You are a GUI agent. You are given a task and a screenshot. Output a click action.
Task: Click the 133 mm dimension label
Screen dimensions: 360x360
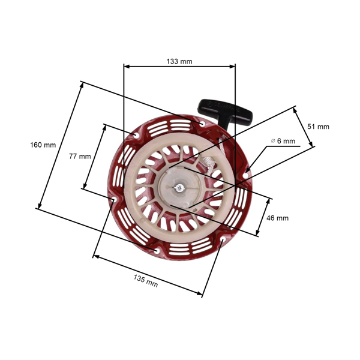click(x=179, y=61)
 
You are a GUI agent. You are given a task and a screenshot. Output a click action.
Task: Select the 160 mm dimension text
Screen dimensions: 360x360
click(x=44, y=145)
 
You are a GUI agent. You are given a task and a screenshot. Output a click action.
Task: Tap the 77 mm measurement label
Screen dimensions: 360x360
click(x=79, y=156)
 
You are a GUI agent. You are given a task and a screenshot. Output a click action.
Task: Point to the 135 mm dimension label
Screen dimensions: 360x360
click(x=146, y=280)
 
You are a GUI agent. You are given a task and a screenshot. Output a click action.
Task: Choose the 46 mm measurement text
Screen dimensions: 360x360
click(x=277, y=218)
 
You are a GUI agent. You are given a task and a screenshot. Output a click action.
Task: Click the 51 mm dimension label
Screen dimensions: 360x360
click(x=318, y=127)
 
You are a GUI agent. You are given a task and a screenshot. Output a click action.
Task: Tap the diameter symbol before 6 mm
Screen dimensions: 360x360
click(x=273, y=141)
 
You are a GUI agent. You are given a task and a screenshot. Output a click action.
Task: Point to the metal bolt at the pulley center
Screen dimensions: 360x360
click(x=179, y=188)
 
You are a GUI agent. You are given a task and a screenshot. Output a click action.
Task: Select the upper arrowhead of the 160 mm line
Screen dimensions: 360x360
click(x=81, y=85)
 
